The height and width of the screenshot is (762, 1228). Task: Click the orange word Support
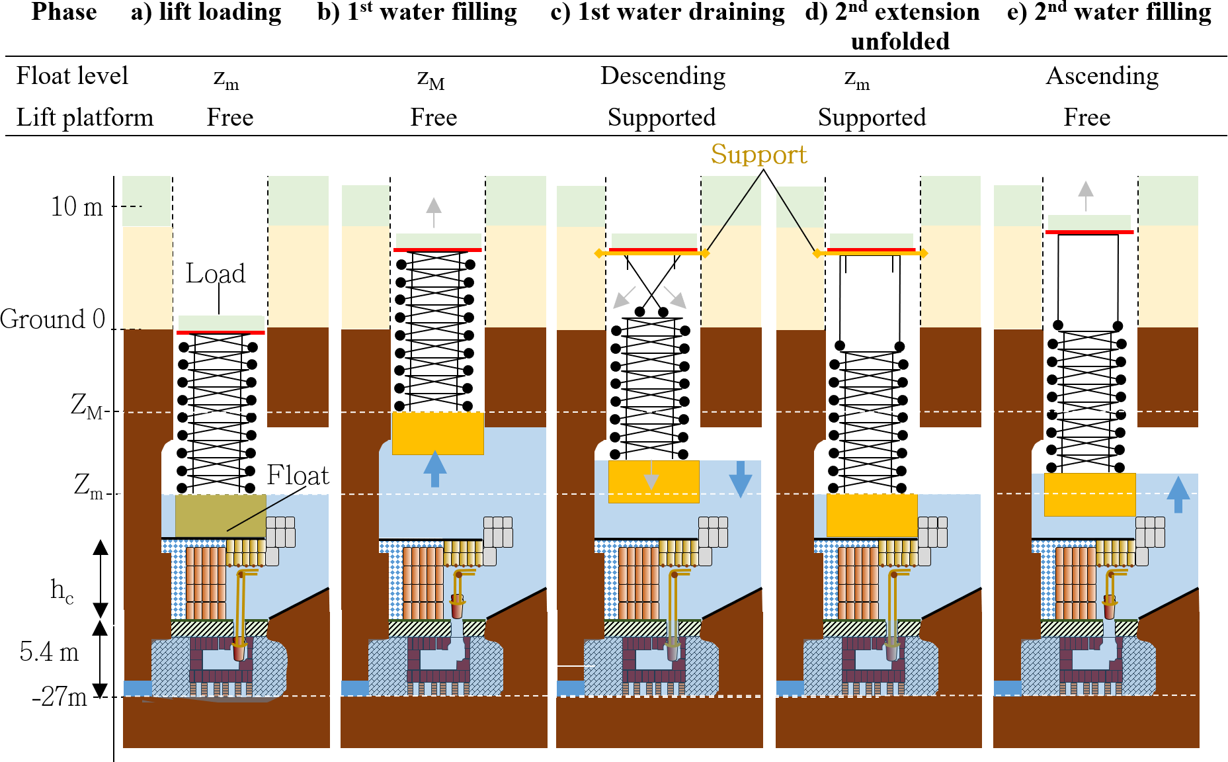coord(758,155)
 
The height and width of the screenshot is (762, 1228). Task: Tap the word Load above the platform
coord(215,273)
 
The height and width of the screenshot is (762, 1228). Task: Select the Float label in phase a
coord(298,475)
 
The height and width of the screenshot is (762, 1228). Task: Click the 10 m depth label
coord(77,207)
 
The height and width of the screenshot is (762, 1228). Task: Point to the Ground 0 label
coord(53,319)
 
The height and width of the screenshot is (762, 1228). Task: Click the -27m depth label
coord(60,697)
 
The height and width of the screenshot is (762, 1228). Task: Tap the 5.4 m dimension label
coord(49,652)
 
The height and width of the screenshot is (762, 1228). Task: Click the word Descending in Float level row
coord(663,76)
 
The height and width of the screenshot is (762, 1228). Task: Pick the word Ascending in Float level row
coord(1102,76)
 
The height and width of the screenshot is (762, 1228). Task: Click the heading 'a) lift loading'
coord(206,13)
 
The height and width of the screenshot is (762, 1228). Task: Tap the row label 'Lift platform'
coord(85,118)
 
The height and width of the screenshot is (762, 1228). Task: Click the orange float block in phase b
coord(438,433)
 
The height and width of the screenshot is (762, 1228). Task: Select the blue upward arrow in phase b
coord(434,468)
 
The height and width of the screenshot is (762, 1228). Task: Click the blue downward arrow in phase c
coord(740,479)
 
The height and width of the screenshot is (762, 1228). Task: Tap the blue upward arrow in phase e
coord(1178,494)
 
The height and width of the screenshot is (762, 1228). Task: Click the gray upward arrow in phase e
coord(1085,194)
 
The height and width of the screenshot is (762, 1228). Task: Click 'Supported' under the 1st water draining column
coord(661,118)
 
